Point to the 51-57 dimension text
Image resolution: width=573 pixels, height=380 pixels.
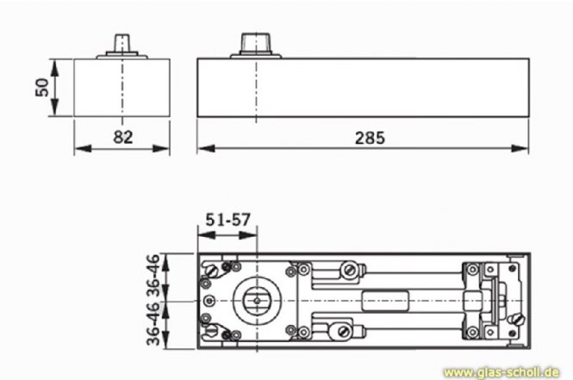227,219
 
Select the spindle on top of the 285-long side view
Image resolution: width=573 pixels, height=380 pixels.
256,43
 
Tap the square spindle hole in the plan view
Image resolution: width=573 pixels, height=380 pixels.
256,300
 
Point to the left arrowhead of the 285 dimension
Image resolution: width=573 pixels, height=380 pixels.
202,148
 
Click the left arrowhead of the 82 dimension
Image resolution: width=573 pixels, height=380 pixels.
78,148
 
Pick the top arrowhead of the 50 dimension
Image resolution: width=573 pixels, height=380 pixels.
53,63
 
